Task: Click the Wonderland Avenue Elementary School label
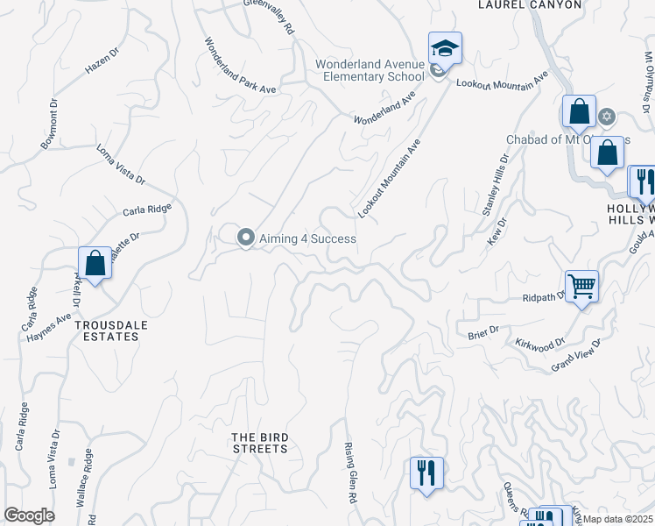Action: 370,71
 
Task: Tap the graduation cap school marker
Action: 445,49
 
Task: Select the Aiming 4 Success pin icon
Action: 246,238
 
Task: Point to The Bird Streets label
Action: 259,443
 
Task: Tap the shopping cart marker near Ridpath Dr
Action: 581,287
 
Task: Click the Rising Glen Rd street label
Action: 350,473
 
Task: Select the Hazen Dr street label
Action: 101,59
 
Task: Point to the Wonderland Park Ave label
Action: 240,66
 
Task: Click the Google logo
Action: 28,515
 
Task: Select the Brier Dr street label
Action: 482,331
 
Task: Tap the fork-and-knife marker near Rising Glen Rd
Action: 426,473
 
